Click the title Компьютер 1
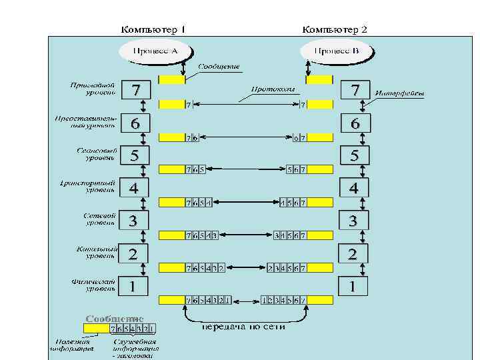(153, 29)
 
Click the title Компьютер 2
(335, 29)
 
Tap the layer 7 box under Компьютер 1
(135, 89)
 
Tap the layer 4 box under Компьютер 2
(354, 188)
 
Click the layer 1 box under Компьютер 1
(135, 287)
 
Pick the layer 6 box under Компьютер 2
(354, 123)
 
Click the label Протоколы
(273, 88)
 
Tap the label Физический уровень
(94, 285)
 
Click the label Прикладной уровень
(93, 89)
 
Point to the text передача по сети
(243, 327)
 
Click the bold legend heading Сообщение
(114, 319)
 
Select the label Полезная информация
(73, 345)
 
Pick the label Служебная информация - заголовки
(135, 348)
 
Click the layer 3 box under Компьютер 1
(135, 221)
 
